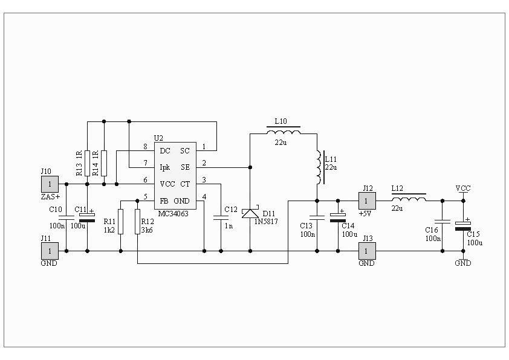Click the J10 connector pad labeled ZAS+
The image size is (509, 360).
(50, 184)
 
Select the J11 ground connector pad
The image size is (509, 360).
(50, 251)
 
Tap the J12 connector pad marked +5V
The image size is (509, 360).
(367, 201)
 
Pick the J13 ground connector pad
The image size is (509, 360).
(367, 251)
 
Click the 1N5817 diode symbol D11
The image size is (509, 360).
(250, 213)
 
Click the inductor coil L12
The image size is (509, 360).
(409, 198)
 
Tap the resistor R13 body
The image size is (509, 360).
(87, 163)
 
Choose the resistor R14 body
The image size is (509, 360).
(104, 163)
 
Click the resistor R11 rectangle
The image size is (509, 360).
(121, 222)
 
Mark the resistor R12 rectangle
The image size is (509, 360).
(137, 222)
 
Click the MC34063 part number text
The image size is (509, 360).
(173, 214)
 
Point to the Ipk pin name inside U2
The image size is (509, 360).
(165, 167)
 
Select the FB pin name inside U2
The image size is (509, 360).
(164, 201)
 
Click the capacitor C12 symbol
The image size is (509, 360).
(221, 217)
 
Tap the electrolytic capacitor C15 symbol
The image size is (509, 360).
(463, 226)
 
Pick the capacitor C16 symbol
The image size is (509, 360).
(442, 222)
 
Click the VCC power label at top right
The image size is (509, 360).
(463, 188)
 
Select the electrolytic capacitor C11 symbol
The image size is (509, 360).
(87, 217)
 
